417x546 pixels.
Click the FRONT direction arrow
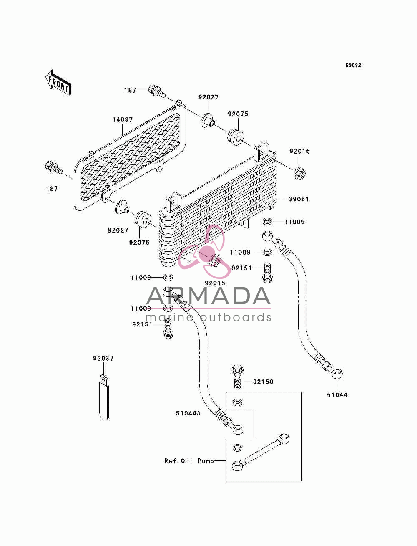pos(58,82)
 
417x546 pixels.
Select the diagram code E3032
pos(353,66)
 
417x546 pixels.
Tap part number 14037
pos(123,120)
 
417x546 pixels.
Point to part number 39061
pos(299,199)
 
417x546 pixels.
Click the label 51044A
pos(188,413)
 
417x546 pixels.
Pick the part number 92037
pos(103,358)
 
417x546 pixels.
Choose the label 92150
pos(263,382)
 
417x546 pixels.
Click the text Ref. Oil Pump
pos(189,461)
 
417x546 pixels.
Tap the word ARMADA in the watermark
pos(208,296)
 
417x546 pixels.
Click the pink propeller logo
pos(204,251)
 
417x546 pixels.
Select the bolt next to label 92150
pos(237,377)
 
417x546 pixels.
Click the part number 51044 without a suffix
pos(337,395)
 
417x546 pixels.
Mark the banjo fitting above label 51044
pos(337,373)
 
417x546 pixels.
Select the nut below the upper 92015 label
pos(299,173)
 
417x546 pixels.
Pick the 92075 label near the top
pos(238,114)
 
